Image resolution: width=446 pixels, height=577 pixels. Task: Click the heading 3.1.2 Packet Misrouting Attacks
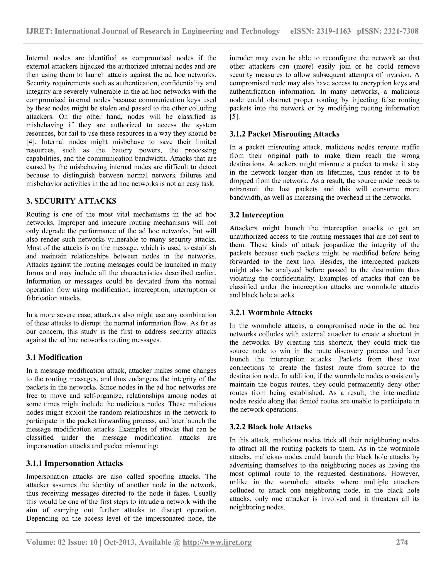[x=284, y=134]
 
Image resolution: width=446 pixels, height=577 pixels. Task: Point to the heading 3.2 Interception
[x=257, y=215]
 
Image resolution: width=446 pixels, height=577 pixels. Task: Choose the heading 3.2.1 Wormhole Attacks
[x=271, y=312]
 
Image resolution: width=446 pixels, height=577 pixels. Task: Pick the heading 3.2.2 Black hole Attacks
[x=270, y=427]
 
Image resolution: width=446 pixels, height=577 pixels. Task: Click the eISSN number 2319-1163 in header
[x=333, y=31]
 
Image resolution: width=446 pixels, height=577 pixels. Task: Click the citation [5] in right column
[x=234, y=117]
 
